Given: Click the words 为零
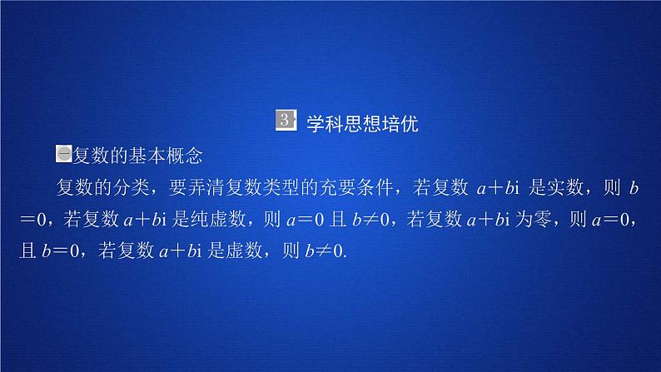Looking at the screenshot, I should coord(541,219).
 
